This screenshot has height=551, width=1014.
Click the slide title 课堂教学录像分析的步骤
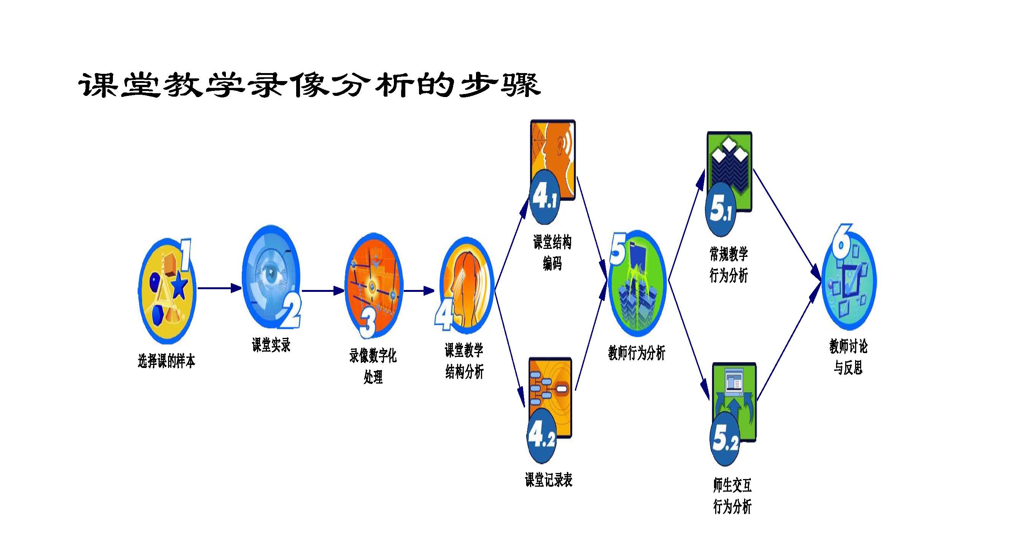pos(309,85)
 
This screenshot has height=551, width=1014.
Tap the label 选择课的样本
pos(167,361)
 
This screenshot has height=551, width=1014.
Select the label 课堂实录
pos(271,345)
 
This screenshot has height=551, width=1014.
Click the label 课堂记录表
pos(548,480)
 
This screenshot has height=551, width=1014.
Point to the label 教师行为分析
pos(636,352)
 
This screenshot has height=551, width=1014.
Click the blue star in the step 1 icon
pos(179,285)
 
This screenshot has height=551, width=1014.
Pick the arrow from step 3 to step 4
pos(419,291)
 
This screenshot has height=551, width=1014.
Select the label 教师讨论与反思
pos(848,357)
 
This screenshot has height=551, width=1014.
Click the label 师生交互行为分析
pos(732,495)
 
